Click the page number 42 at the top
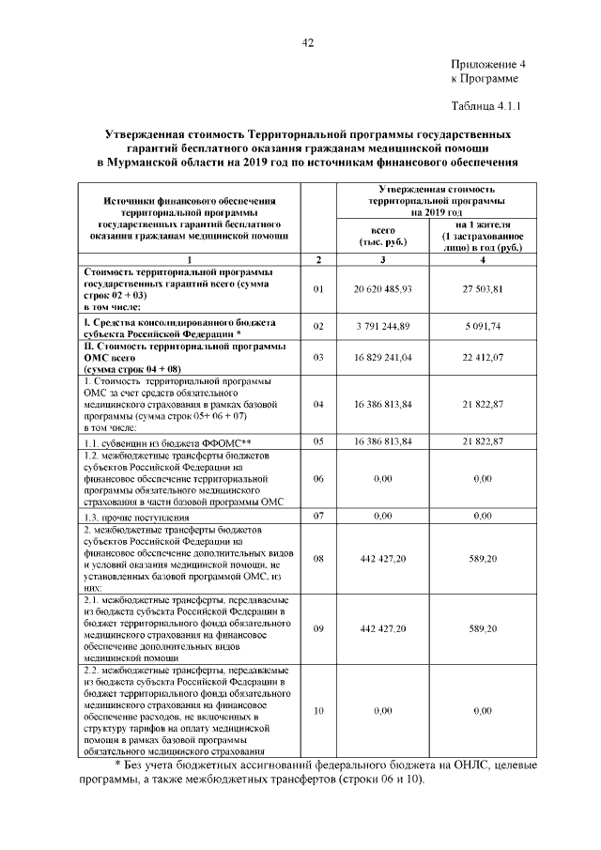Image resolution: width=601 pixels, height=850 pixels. [x=307, y=42]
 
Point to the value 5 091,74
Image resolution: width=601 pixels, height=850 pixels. [x=483, y=326]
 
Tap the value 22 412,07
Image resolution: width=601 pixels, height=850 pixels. [x=483, y=357]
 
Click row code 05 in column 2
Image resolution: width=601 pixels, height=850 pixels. [x=318, y=440]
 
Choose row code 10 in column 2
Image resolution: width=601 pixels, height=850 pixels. [x=318, y=711]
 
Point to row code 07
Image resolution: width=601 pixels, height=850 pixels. [x=318, y=516]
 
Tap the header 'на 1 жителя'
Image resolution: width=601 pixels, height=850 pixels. [x=483, y=225]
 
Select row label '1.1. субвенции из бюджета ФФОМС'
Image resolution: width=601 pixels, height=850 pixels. [x=168, y=441]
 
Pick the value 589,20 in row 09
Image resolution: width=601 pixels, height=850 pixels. [x=483, y=628]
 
